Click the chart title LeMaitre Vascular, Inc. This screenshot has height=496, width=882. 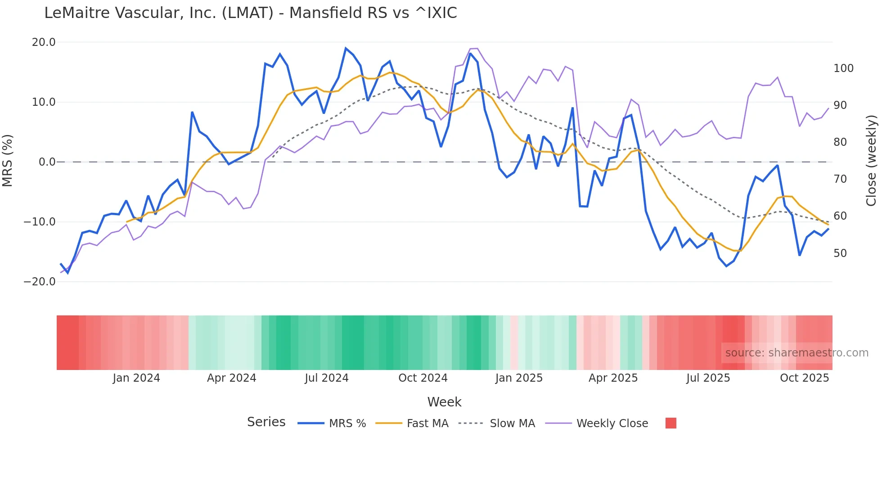(250, 13)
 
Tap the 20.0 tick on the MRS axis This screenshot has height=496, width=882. (44, 42)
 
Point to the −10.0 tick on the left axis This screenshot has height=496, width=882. (40, 222)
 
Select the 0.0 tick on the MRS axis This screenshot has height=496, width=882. (47, 162)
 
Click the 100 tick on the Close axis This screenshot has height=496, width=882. (843, 68)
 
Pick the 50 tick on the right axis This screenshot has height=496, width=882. (840, 253)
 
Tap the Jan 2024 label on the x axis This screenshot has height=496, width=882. (136, 378)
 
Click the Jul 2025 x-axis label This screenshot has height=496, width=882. (708, 378)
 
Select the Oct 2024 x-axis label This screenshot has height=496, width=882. (423, 378)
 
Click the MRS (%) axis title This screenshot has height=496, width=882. (8, 160)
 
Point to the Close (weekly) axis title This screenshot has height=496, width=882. (871, 160)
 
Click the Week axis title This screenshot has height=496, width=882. (444, 402)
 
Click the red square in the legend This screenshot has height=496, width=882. (670, 423)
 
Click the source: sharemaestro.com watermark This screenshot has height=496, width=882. (796, 353)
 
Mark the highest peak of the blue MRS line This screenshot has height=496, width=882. (346, 48)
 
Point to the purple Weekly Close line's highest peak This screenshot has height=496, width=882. (474, 48)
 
